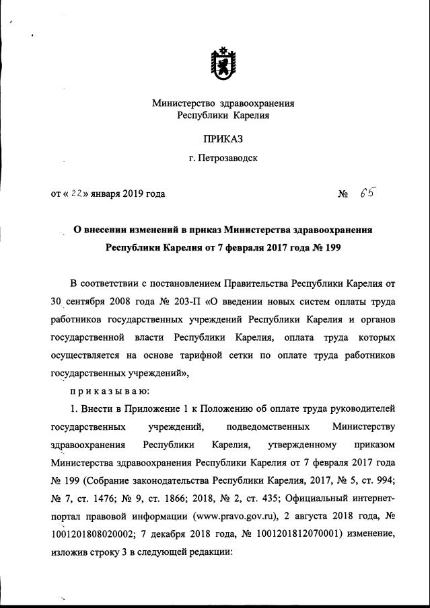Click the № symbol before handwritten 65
pos(343,195)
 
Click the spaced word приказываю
pos(110,390)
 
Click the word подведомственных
pos(268,427)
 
